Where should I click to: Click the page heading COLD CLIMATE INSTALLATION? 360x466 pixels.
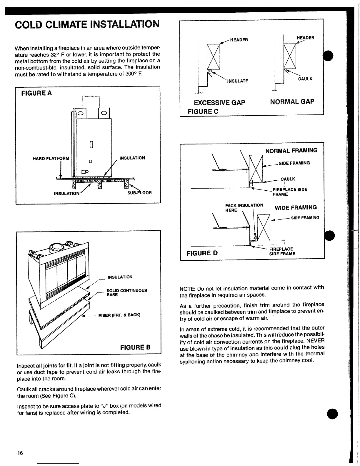click(x=87, y=24)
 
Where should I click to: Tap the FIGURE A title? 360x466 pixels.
click(x=36, y=93)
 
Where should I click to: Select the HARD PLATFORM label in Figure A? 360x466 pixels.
click(x=51, y=159)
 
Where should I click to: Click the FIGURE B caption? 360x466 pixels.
click(x=135, y=347)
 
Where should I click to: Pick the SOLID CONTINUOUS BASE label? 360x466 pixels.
click(x=126, y=292)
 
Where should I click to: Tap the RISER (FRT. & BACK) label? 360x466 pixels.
click(x=119, y=315)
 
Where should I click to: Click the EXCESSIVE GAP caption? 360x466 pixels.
click(x=219, y=103)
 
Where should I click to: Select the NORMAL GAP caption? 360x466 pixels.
click(x=292, y=102)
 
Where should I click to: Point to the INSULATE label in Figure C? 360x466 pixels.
click(x=238, y=81)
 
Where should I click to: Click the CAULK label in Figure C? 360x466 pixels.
click(x=305, y=79)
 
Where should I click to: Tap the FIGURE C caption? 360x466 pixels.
click(x=203, y=111)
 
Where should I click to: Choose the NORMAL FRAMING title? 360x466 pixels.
click(x=291, y=151)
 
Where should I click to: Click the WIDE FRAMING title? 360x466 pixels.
click(x=296, y=207)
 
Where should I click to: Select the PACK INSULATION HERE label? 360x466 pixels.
click(x=244, y=207)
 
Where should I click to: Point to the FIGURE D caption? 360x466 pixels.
click(x=202, y=253)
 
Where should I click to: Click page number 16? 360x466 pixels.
click(x=20, y=453)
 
